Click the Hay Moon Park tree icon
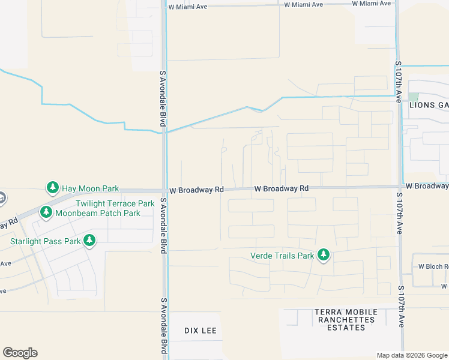53,188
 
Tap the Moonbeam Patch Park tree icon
46,212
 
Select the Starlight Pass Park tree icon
89,241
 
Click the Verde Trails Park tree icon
324,255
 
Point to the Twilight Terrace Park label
115,204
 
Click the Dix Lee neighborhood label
200,331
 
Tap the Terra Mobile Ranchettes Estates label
346,320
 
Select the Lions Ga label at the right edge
429,105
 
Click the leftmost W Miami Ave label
188,7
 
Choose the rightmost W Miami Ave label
371,4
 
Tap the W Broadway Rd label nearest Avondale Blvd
196,190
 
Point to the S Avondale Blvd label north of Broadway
162,98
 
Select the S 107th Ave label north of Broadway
398,81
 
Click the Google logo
20,353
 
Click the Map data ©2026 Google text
411,355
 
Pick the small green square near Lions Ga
413,97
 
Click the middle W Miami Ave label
303,4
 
